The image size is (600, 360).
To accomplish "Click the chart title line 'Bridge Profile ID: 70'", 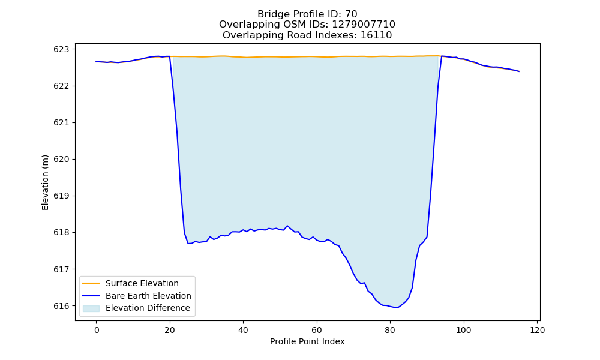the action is [x=307, y=14].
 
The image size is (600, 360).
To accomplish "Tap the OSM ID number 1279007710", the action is [x=364, y=25].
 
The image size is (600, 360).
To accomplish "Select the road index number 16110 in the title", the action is [x=376, y=35].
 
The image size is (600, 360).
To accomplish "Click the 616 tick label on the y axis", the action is [x=61, y=306].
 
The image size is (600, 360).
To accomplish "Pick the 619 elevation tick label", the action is [x=61, y=196].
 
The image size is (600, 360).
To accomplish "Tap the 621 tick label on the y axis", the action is [x=61, y=123].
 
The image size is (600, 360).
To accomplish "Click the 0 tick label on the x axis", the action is [x=97, y=330].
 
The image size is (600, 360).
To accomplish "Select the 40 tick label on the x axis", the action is [x=244, y=330].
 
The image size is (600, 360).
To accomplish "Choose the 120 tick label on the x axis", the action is [x=537, y=330].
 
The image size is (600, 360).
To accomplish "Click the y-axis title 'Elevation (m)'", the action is [x=45, y=182].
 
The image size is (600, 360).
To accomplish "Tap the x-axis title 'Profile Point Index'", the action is [x=307, y=341].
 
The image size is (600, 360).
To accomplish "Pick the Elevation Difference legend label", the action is [x=148, y=308].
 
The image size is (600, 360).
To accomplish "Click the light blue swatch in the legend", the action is [x=91, y=308].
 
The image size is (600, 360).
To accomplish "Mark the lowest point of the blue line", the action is [x=398, y=308].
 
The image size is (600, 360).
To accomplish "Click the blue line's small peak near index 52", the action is [x=287, y=226].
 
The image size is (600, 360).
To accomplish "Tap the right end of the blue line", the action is [x=519, y=71].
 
